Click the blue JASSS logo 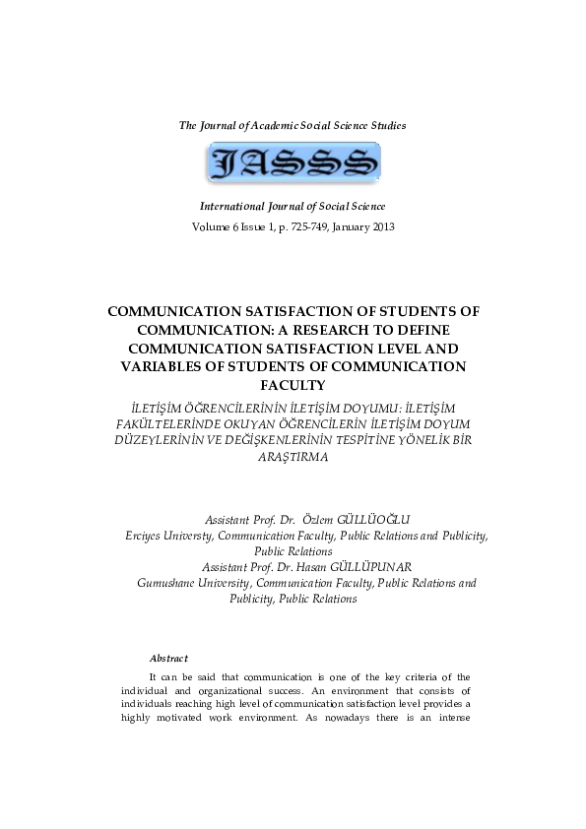click(x=293, y=162)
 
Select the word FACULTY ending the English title click(x=293, y=384)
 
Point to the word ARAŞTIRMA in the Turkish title click(x=293, y=457)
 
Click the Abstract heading click(x=168, y=658)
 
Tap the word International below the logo click(x=234, y=207)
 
